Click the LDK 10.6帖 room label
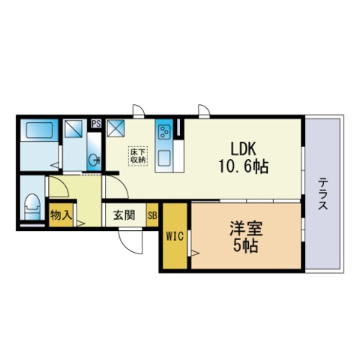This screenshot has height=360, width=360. (x=239, y=156)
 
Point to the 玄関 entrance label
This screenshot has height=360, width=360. (x=124, y=216)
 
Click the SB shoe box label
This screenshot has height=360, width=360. (x=152, y=216)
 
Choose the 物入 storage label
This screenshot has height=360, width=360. (x=60, y=216)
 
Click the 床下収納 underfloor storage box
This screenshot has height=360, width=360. (x=138, y=154)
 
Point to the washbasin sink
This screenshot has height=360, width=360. (x=94, y=160)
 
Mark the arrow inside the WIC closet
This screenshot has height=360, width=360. (x=193, y=256)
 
